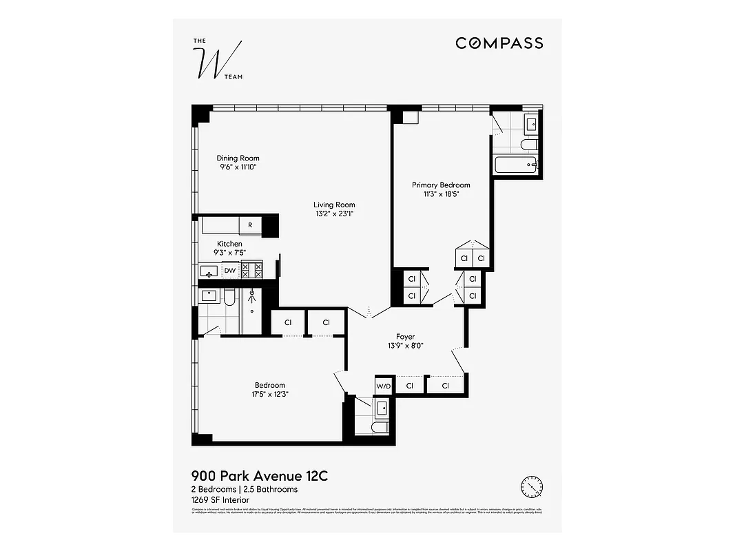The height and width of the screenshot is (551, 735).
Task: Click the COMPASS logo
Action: click(x=499, y=43)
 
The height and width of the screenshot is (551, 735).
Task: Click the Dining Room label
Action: click(x=238, y=158)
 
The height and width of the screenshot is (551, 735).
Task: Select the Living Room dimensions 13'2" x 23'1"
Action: click(x=334, y=214)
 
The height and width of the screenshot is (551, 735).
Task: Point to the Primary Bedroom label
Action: click(x=441, y=185)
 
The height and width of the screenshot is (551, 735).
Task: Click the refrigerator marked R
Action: click(x=250, y=225)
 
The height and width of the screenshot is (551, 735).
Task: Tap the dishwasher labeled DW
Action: click(x=230, y=271)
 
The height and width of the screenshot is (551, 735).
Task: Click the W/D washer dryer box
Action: click(x=383, y=386)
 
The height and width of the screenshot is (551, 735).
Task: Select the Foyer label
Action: click(x=405, y=337)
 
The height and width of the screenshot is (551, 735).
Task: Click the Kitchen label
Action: click(x=229, y=244)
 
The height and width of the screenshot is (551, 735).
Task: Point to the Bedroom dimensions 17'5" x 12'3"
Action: click(x=269, y=394)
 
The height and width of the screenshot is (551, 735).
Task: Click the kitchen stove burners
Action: click(x=251, y=270)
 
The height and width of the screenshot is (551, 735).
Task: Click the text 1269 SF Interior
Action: click(x=220, y=500)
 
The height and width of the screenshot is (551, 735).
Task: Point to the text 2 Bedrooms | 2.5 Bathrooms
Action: click(x=244, y=489)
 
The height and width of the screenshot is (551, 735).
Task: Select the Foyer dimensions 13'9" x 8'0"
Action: click(x=405, y=346)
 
